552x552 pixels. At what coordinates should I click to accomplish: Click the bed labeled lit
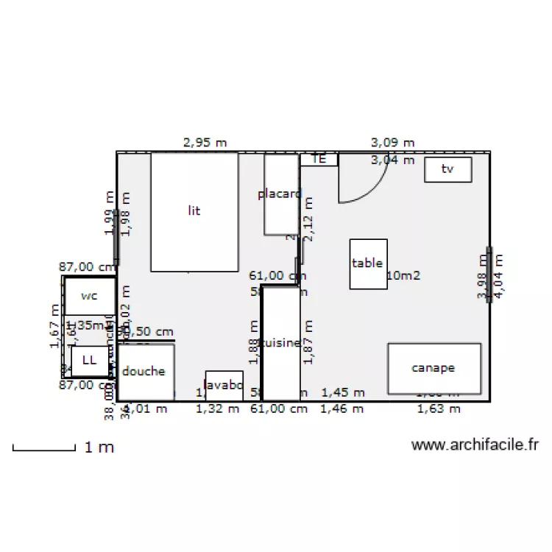pos(194,211)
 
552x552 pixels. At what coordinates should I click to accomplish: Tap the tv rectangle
pos(447,169)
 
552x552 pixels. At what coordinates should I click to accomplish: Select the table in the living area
pos(368,263)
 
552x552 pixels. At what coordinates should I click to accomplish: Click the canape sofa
pos(434,368)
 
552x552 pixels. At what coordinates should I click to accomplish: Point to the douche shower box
pos(146,372)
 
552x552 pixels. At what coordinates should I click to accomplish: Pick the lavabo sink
pos(224,385)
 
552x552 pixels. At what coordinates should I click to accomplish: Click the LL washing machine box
pos(89,361)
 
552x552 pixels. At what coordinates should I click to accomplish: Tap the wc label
pos(89,296)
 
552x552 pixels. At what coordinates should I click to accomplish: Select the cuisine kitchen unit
pos(281,343)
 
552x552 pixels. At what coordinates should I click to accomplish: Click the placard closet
pos(280,195)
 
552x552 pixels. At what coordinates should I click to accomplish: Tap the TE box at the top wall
pos(319,159)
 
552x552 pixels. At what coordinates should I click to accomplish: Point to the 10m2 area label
pos(403,275)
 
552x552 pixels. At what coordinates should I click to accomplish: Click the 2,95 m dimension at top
pos(205,143)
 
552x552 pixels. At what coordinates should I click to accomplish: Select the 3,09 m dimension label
pos(392,142)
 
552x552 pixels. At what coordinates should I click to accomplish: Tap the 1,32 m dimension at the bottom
pos(217,409)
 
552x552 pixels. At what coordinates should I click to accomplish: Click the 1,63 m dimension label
pos(439,409)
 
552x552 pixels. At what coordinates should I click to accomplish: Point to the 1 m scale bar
pos(44,447)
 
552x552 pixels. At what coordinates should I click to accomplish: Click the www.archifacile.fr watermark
pos(475,445)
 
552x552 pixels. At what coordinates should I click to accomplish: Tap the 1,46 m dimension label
pos(342,409)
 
